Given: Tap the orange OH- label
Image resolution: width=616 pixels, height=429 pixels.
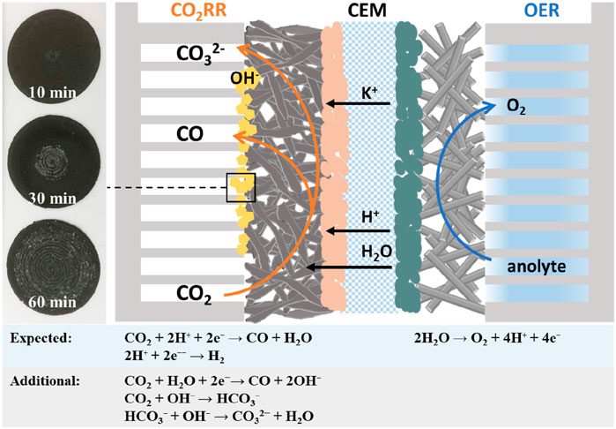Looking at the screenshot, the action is [x=218, y=79].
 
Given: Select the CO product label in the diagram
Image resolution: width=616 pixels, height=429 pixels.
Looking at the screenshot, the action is [x=190, y=135].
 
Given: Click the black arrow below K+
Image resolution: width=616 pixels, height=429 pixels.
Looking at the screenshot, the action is [x=356, y=104].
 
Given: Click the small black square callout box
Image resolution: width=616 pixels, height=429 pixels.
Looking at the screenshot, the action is [x=241, y=188].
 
